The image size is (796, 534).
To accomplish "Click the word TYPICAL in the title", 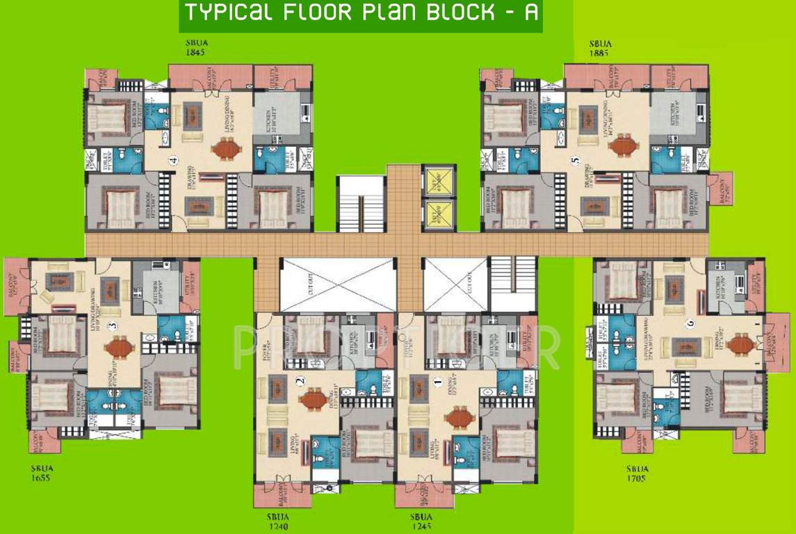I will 227,13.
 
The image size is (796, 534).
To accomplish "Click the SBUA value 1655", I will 42,478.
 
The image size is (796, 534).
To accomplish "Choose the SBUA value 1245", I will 421,526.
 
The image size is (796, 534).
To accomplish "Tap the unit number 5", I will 574,161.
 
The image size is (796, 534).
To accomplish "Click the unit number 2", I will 300,381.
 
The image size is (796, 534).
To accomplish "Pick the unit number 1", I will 437,381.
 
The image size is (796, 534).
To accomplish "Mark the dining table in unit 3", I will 120,346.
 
